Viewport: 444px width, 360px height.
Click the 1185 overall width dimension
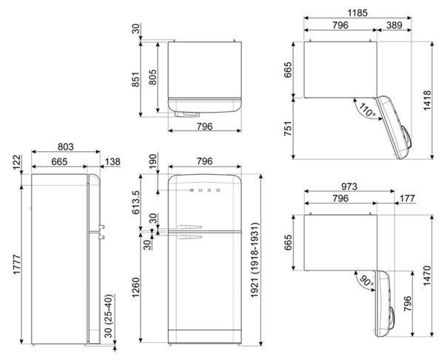357,13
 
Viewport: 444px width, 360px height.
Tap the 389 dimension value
394,25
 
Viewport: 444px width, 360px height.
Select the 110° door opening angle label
368,110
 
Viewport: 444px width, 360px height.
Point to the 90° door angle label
367,281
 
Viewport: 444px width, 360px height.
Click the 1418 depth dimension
427,100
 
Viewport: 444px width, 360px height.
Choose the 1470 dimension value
427,276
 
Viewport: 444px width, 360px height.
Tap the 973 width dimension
349,187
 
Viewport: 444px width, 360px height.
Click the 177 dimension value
407,199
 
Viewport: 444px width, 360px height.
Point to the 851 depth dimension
135,80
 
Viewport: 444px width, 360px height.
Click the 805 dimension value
153,77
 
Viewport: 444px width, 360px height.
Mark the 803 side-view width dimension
65,147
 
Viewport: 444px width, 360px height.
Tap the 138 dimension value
112,161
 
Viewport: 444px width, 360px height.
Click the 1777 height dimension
17,264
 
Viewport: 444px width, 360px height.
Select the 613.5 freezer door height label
135,202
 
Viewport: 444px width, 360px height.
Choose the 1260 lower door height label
135,287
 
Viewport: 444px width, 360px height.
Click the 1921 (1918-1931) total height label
255,260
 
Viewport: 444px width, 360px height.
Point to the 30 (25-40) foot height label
109,316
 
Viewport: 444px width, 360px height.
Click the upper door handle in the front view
189,227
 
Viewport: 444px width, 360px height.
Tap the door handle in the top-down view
187,114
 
